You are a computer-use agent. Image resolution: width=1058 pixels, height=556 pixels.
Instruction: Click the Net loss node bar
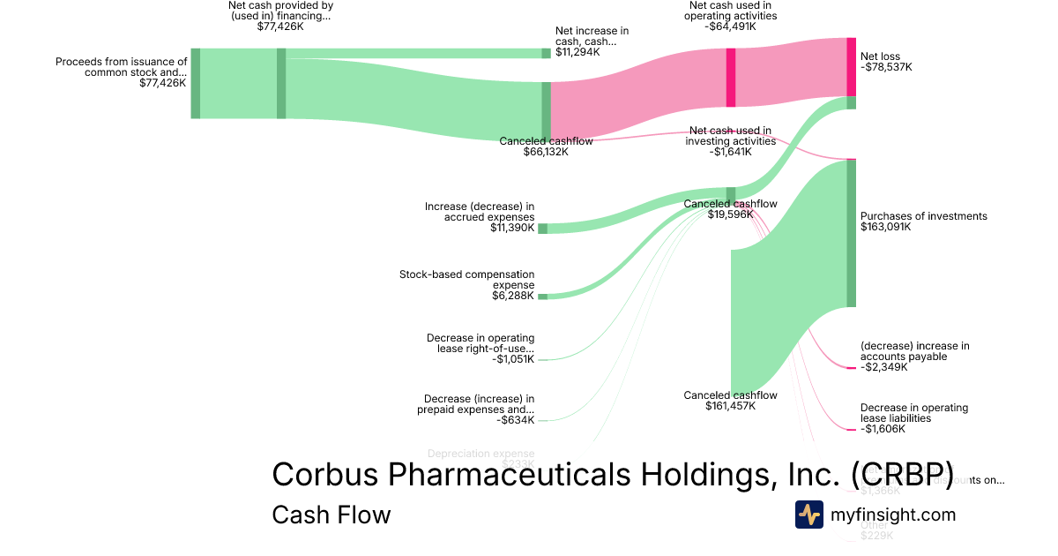[x=852, y=67]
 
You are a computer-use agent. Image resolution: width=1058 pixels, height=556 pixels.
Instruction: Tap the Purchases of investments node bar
[x=851, y=234]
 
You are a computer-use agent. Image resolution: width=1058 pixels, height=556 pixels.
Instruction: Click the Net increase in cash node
[x=546, y=53]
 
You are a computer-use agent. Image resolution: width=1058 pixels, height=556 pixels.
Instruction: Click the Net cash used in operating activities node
[x=731, y=78]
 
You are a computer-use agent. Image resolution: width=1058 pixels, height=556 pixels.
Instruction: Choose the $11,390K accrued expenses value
[x=512, y=228]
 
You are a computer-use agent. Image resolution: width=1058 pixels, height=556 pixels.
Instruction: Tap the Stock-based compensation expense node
[x=542, y=297]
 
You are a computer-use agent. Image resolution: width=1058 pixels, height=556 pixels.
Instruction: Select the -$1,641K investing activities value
[x=730, y=152]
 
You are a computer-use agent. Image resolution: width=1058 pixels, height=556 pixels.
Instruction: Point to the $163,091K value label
[x=886, y=227]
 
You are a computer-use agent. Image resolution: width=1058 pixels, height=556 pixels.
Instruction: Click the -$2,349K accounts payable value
[x=884, y=367]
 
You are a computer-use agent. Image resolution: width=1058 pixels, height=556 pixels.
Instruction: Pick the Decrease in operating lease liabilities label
[x=914, y=413]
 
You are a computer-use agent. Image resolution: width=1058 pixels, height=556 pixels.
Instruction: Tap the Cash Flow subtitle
[x=331, y=515]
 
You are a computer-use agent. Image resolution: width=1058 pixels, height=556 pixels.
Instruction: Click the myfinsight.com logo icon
[x=808, y=515]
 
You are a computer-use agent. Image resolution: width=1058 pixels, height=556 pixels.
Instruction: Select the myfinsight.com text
[x=893, y=515]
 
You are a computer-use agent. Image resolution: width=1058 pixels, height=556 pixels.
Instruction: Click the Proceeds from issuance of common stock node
[x=196, y=83]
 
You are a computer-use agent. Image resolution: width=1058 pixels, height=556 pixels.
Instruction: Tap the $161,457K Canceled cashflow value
[x=730, y=406]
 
